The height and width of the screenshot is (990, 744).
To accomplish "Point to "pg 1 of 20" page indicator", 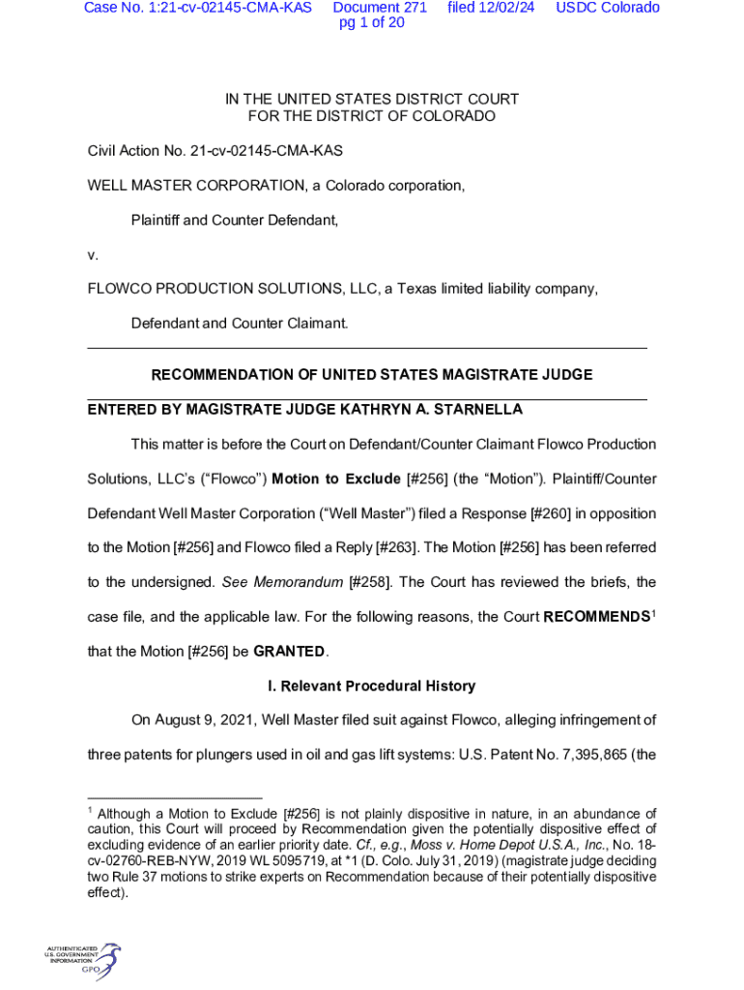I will coord(372,23).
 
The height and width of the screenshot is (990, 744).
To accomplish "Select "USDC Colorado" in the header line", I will coord(608,8).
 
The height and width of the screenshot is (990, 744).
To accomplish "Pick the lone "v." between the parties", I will coord(93,255).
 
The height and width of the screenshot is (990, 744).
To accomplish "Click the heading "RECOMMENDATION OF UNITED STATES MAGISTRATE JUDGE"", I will coord(372,374).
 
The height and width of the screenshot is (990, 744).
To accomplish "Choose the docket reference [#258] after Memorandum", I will coord(370,582).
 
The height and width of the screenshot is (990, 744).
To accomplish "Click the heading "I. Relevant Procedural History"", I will coord(371,685).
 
